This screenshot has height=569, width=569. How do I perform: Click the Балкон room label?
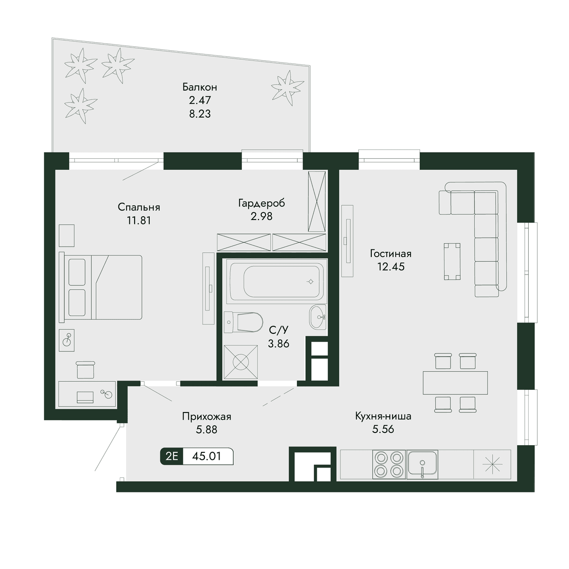click(x=200, y=87)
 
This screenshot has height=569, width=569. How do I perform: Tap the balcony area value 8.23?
click(x=200, y=114)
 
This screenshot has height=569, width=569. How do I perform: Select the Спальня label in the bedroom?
click(x=139, y=207)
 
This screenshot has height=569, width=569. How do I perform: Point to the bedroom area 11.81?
click(x=139, y=220)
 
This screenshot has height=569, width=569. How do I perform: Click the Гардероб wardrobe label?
click(x=262, y=203)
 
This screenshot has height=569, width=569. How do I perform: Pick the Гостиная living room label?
click(x=390, y=253)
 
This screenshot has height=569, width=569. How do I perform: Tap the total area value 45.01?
click(x=206, y=456)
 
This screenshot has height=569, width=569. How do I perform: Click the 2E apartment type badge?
click(x=172, y=456)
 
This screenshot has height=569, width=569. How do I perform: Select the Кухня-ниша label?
click(x=383, y=416)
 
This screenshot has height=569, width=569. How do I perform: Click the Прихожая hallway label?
click(x=206, y=417)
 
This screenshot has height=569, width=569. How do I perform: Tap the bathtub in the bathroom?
click(x=276, y=281)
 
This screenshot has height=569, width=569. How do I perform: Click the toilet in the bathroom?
click(x=243, y=322)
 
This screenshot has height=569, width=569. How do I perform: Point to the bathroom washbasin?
click(x=318, y=317)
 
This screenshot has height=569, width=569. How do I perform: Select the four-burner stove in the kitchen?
click(x=389, y=465)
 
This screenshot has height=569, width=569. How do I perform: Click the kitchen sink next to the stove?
click(x=422, y=465)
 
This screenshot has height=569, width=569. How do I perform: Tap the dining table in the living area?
click(x=455, y=383)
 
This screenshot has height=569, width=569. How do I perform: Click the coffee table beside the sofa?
click(x=452, y=261)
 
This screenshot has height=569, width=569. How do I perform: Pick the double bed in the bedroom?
click(x=101, y=287)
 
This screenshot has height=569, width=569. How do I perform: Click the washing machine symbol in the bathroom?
click(x=241, y=362)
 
